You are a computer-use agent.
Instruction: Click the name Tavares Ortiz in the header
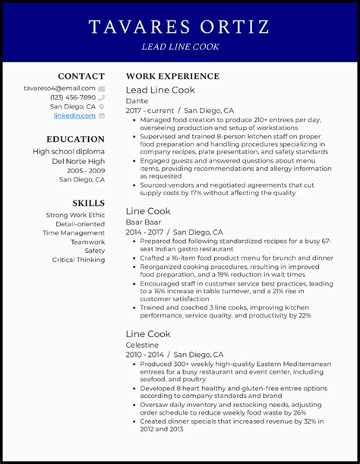point(179,27)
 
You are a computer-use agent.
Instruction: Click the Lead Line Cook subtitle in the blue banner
point(180,47)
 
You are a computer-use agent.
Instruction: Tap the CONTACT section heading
point(81,76)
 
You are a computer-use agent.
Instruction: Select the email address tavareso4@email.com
point(59,88)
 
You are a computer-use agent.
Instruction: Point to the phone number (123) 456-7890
point(73,97)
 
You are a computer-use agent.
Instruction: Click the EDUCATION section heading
point(75,139)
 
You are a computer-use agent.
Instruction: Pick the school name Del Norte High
point(78,161)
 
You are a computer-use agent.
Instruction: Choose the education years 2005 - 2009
point(85,170)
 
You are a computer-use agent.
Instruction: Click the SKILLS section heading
point(88,203)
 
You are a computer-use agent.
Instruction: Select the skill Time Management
point(74,233)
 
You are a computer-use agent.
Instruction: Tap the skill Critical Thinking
point(78,260)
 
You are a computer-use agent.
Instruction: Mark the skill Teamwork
point(88,242)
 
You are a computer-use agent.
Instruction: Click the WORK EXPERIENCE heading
point(172,76)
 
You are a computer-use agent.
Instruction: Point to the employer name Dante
point(137,101)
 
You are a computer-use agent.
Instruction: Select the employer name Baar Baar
point(142,222)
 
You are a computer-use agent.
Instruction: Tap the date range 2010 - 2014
point(145,354)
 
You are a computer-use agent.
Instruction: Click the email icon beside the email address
point(101,89)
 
